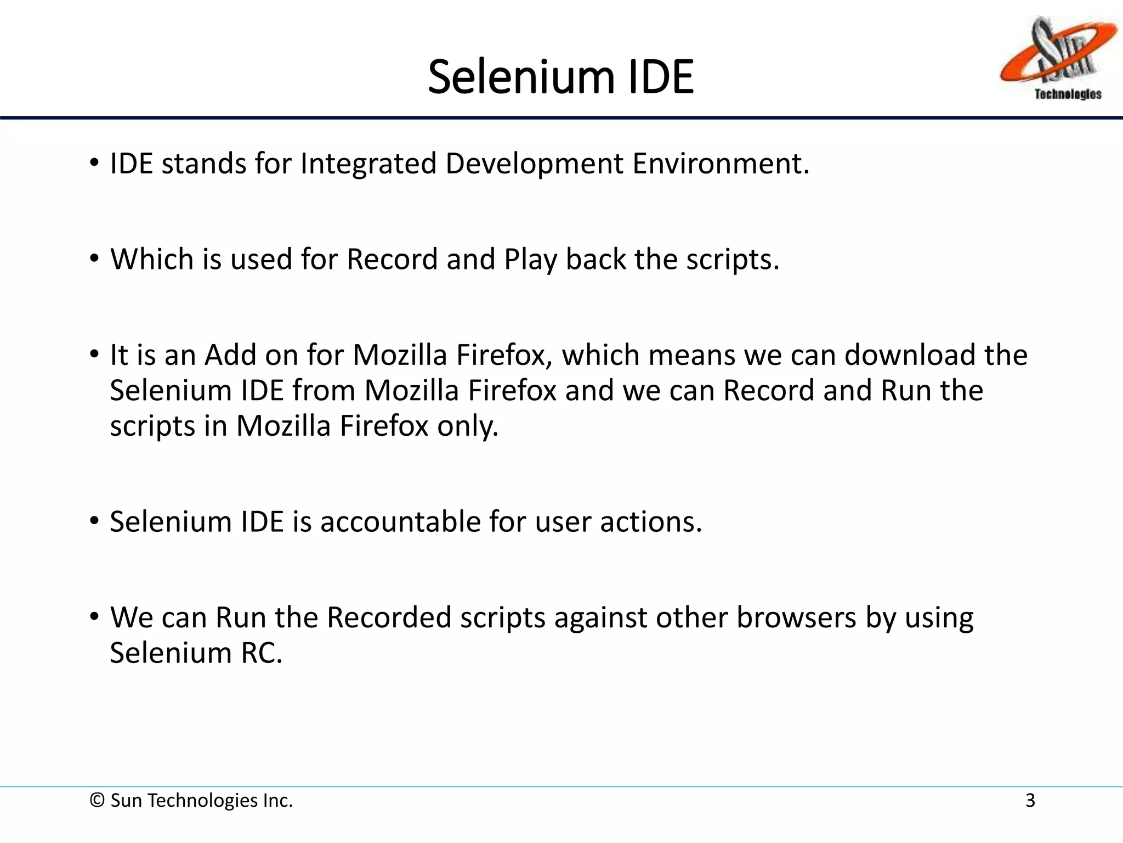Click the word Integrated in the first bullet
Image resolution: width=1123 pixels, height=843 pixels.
pyautogui.click(x=368, y=164)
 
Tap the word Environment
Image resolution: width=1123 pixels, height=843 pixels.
pyautogui.click(x=721, y=164)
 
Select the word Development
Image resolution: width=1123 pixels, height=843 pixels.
pyautogui.click(x=534, y=164)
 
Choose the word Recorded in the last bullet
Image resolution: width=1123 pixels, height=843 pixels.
pyautogui.click(x=389, y=617)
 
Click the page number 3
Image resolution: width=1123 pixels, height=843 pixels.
pyautogui.click(x=1030, y=801)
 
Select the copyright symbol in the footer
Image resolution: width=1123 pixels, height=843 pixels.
pyautogui.click(x=97, y=801)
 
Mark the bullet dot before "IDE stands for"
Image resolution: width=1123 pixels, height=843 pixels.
pyautogui.click(x=95, y=164)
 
